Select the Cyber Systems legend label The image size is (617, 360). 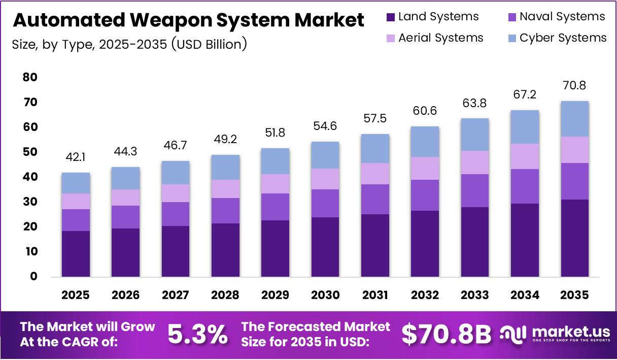[x=563, y=38]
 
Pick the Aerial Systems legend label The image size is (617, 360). [x=440, y=38]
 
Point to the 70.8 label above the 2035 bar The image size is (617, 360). [x=574, y=85]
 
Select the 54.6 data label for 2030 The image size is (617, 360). [x=325, y=126]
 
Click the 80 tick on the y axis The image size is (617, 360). [x=30, y=78]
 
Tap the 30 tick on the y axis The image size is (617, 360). [x=30, y=202]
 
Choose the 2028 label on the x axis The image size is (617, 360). [x=225, y=296]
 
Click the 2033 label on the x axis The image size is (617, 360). [x=475, y=296]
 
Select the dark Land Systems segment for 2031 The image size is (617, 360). [x=375, y=245]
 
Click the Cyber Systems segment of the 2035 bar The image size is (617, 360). [x=574, y=119]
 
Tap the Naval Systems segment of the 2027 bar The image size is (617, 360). [x=176, y=214]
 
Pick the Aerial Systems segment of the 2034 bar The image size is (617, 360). [x=525, y=156]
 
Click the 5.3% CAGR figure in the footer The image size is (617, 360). [x=197, y=335]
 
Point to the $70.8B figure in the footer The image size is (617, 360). [x=447, y=335]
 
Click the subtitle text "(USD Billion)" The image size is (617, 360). [x=209, y=44]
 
